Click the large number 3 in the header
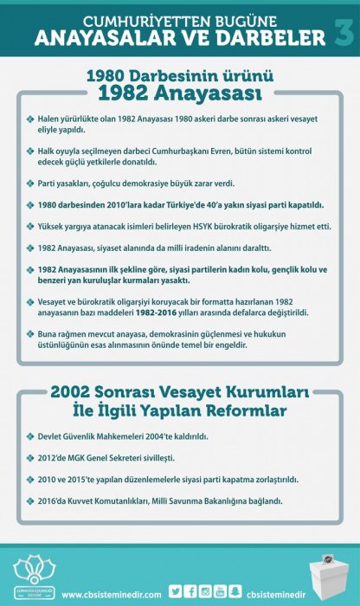(342, 33)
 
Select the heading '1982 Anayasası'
(179, 93)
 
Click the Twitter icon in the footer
(174, 591)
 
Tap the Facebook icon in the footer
(190, 591)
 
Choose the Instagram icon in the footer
(205, 591)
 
